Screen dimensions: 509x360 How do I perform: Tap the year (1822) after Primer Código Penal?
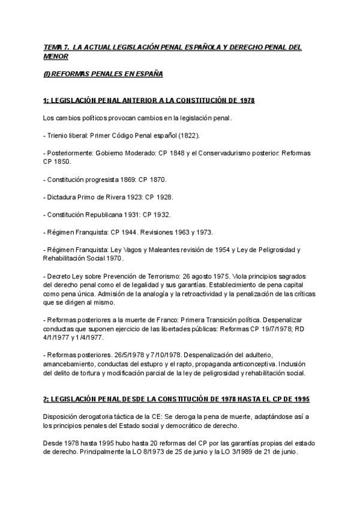click(188, 136)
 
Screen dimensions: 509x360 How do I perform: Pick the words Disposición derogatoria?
click(80, 416)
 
